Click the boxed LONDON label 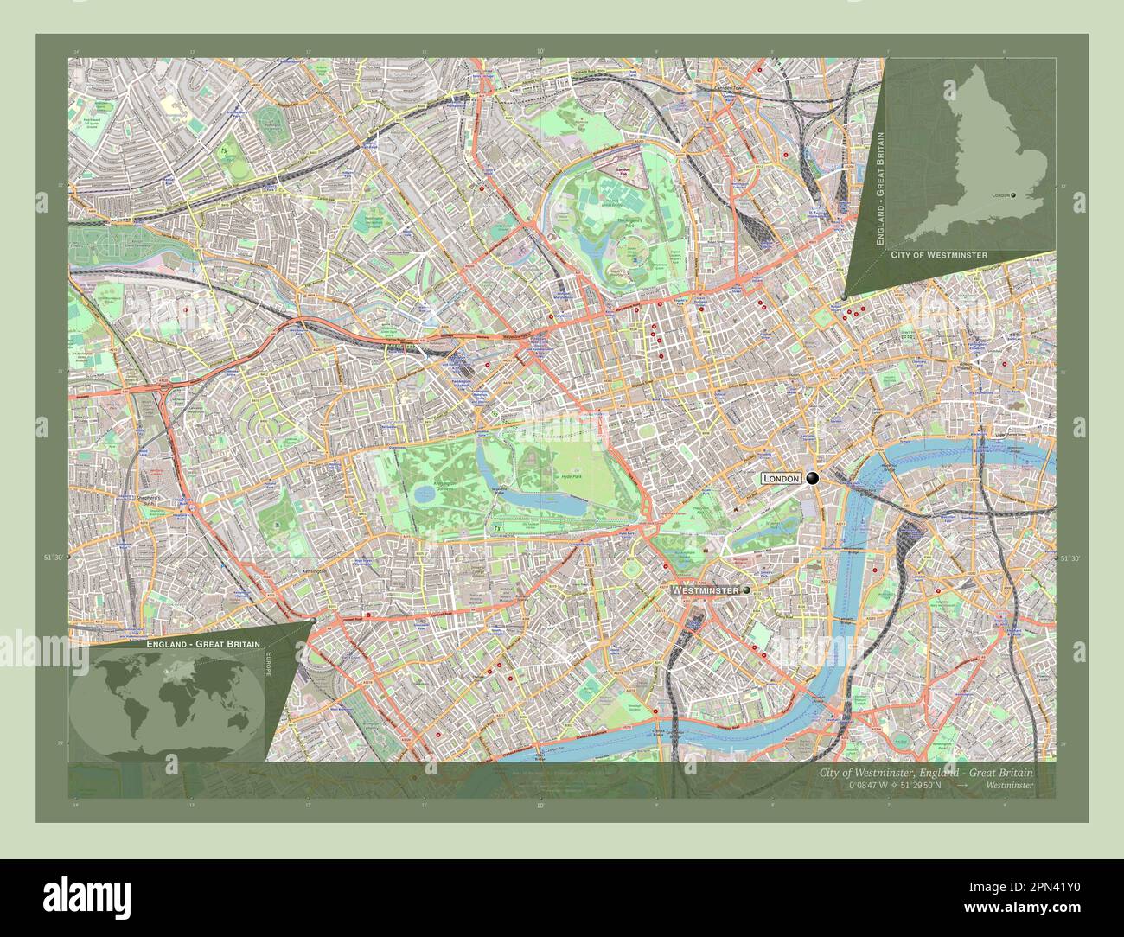click(x=781, y=478)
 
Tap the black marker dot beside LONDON click(x=812, y=478)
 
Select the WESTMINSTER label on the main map click(x=705, y=590)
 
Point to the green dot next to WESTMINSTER click(x=746, y=590)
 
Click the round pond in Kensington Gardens click(x=425, y=494)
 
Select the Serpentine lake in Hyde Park click(x=527, y=501)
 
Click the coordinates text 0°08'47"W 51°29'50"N click(x=895, y=786)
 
